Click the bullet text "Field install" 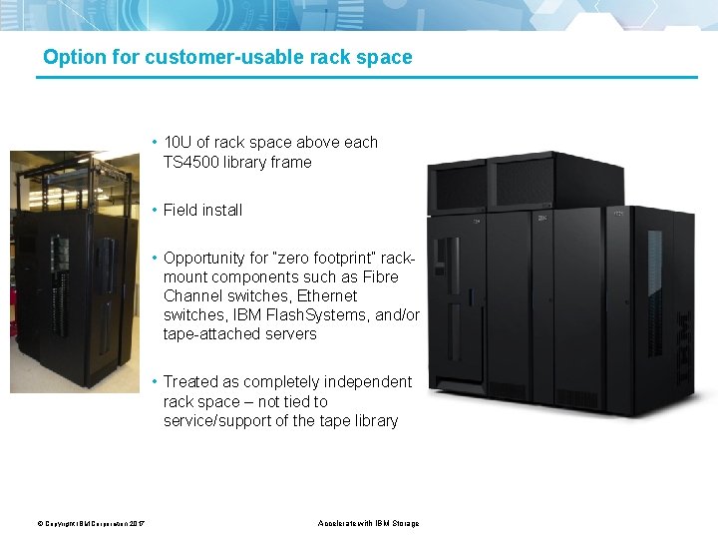tap(202, 210)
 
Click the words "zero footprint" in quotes tap(332, 258)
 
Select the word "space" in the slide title tap(389, 57)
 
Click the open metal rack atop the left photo tap(72, 179)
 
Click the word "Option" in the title tap(74, 57)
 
